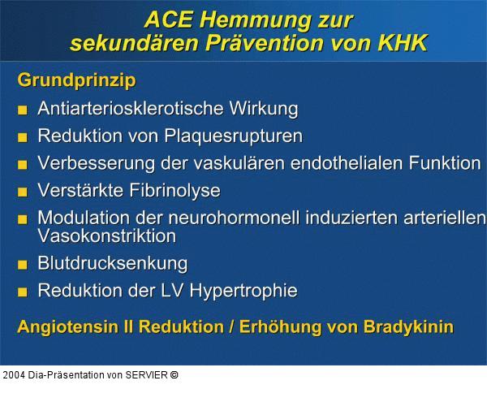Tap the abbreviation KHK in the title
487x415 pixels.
tap(399, 42)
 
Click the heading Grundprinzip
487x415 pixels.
tap(76, 81)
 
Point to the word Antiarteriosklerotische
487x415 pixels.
tap(125, 108)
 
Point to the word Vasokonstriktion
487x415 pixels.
tap(106, 236)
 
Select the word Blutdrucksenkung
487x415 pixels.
tap(112, 263)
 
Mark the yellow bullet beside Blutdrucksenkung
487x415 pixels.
tap(23, 265)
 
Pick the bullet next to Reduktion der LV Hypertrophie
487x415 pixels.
tap(23, 292)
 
